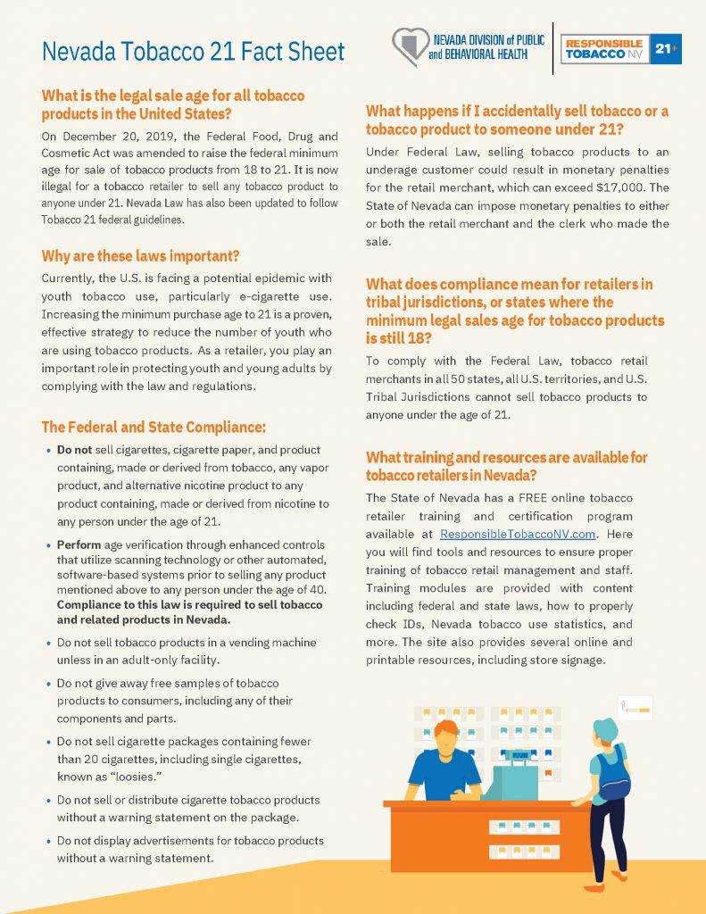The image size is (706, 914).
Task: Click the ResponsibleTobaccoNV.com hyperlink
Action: point(518,534)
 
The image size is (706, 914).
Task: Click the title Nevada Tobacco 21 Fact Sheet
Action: point(193,52)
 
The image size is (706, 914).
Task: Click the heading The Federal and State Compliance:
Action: point(154,426)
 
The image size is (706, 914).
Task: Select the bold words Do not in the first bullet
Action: point(76,450)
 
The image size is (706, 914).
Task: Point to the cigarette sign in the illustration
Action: point(635,709)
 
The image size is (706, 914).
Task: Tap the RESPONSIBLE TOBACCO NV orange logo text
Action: point(605,49)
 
